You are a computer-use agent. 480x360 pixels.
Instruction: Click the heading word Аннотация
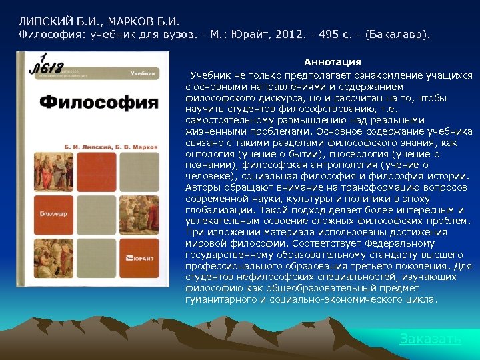click(333, 62)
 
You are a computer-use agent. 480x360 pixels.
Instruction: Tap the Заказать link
click(430, 339)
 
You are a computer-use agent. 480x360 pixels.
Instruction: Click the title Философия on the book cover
click(99, 103)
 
